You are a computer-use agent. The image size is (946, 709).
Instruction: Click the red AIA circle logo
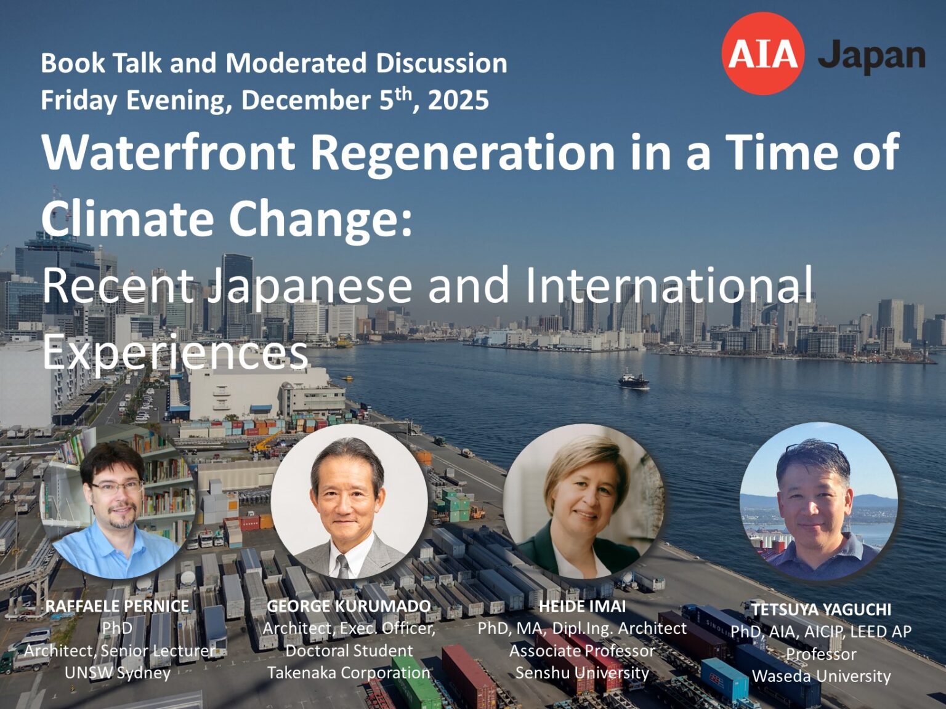[762, 54]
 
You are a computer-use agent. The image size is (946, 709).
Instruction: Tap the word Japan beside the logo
[871, 56]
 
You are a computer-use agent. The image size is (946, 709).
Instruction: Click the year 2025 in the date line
[458, 100]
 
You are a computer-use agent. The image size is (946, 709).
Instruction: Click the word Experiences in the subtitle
[175, 352]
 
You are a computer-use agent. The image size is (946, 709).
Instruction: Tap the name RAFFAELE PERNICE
[117, 606]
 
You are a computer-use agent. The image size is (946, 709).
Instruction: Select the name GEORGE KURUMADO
[349, 606]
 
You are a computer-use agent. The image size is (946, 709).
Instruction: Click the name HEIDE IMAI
[582, 606]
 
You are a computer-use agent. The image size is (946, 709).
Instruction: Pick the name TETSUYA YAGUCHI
[821, 609]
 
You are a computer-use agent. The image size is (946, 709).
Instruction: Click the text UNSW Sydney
[117, 673]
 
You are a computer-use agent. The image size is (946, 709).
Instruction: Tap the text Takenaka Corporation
[349, 673]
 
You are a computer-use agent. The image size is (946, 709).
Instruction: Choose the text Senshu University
[582, 673]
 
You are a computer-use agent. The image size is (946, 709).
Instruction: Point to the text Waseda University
[821, 676]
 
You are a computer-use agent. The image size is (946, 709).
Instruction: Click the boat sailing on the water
[633, 380]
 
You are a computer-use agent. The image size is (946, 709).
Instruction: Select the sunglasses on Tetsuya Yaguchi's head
[812, 448]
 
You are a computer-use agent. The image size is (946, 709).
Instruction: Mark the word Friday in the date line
[78, 100]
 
